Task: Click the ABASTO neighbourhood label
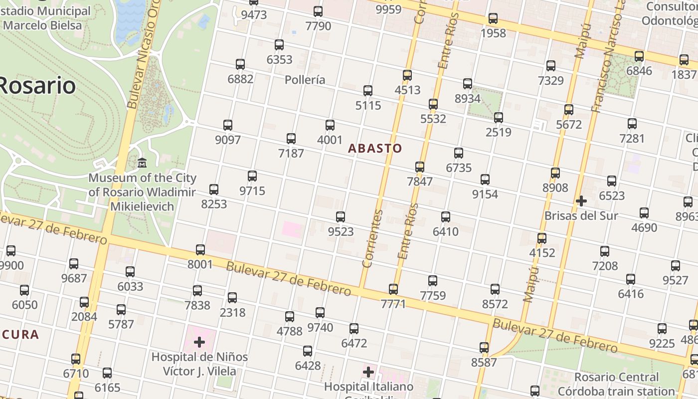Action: [x=374, y=148]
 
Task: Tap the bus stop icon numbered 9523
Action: [x=341, y=217]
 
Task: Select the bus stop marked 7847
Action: [x=420, y=167]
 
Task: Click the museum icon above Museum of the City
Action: [x=142, y=163]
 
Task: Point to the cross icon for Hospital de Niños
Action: [x=199, y=342]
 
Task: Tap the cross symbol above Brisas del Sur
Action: [x=581, y=201]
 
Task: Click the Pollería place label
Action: [x=305, y=80]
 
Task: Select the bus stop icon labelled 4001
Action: [x=330, y=125]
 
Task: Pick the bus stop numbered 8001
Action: [x=200, y=250]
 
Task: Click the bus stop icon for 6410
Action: [x=446, y=217]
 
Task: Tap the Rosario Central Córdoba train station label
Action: [x=616, y=384]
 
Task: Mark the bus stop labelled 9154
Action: [x=485, y=180]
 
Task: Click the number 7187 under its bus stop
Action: [x=291, y=153]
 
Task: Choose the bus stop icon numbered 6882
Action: [x=240, y=64]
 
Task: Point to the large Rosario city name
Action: [x=37, y=85]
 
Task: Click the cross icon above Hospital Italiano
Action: [x=368, y=372]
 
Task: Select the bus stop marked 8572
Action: [x=495, y=289]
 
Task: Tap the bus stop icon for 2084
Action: [x=84, y=302]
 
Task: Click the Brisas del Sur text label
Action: [x=581, y=216]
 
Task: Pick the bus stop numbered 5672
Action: [x=569, y=110]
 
